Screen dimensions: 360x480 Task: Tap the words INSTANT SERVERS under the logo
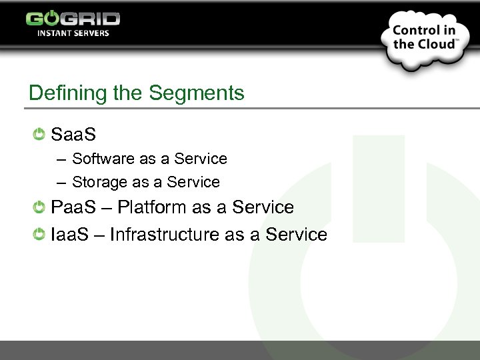coord(73,33)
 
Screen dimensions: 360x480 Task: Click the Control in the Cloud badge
coord(424,38)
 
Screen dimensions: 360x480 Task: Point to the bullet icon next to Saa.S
coord(39,134)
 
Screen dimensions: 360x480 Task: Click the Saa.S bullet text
coord(73,135)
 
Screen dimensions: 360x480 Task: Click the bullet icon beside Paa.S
coord(39,207)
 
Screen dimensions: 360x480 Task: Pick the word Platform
coord(152,207)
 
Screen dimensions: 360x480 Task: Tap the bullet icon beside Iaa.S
coord(39,235)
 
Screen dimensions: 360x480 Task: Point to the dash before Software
coord(61,159)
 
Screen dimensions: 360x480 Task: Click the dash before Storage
coord(61,183)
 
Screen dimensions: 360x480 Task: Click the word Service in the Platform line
coord(263,207)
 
